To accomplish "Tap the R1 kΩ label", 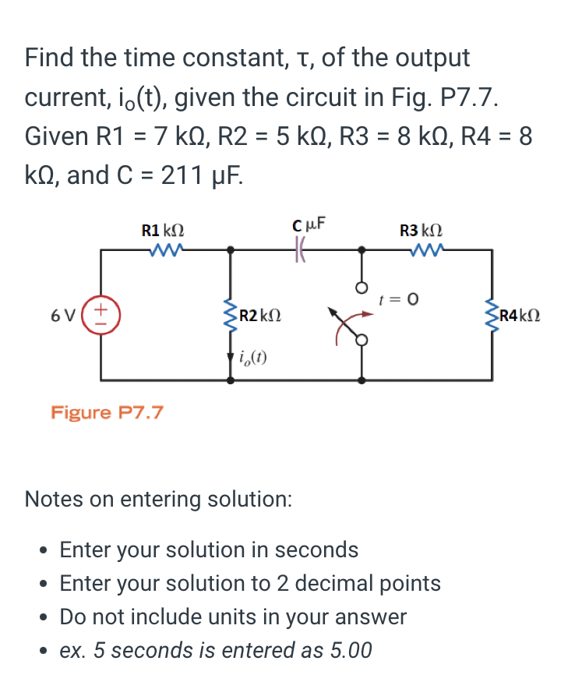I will tap(163, 231).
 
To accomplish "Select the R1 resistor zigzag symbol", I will tap(166, 251).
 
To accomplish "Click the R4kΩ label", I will tap(520, 316).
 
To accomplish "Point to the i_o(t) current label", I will tap(254, 358).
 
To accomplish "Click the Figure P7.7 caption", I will tap(107, 412).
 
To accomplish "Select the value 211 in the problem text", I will tap(185, 175).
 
